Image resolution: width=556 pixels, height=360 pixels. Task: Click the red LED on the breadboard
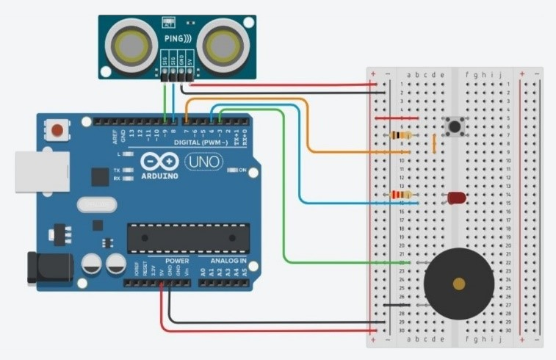[x=456, y=198]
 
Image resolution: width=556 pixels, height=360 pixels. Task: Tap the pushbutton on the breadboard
[x=456, y=127]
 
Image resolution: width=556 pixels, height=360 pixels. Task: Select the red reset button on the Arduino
[x=57, y=131]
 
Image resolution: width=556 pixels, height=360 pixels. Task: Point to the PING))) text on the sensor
[x=178, y=37]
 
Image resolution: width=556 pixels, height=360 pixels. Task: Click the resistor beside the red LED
[x=400, y=195]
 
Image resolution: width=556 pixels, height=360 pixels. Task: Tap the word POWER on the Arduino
[x=177, y=261]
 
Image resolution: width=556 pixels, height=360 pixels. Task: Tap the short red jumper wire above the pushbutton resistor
[x=397, y=118]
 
